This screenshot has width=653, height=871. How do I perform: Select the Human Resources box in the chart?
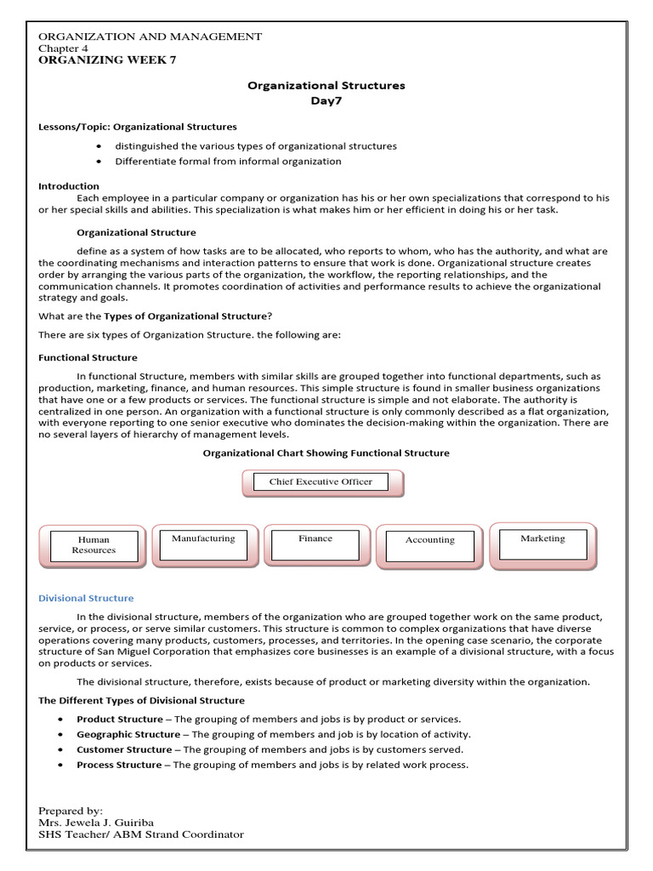tap(94, 545)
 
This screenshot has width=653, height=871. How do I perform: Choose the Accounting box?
tap(429, 545)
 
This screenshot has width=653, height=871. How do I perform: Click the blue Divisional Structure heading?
tap(86, 598)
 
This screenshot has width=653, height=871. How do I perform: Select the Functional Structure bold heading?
tap(88, 357)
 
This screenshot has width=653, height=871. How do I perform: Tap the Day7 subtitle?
tap(326, 101)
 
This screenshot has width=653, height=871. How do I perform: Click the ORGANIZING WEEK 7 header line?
tap(108, 61)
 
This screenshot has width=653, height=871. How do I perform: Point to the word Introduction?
tap(69, 185)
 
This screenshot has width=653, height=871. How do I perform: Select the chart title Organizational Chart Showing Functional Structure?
tap(326, 453)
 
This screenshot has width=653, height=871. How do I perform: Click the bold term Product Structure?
tap(119, 719)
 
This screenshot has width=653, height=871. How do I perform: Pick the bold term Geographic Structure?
tap(128, 734)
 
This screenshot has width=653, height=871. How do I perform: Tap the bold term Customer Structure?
tap(123, 749)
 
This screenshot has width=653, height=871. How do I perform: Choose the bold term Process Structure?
tap(118, 765)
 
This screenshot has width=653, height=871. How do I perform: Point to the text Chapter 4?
tap(64, 48)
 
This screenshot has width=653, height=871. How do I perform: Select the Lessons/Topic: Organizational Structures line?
tap(138, 127)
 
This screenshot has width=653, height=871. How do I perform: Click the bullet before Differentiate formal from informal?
tap(99, 162)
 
